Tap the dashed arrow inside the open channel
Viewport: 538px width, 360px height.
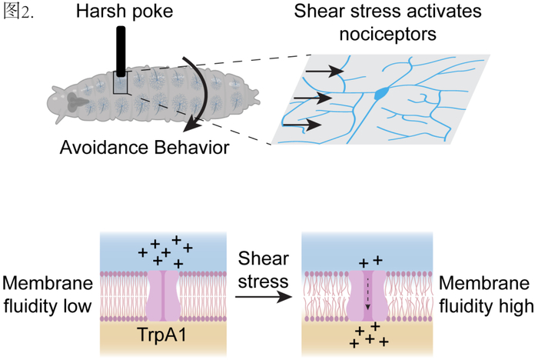(x=367, y=293)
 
